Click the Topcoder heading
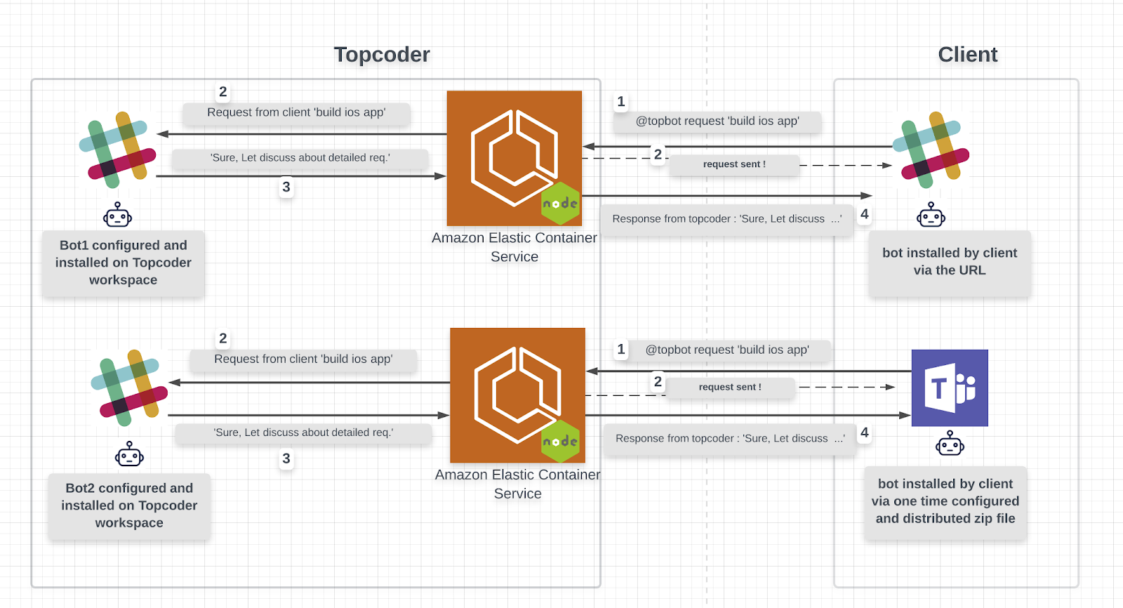click(382, 54)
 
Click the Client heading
click(968, 54)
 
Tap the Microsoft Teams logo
click(950, 388)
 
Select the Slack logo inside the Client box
click(931, 150)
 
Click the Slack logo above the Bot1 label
click(117, 150)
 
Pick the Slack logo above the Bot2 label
click(129, 388)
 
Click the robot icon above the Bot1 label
click(117, 215)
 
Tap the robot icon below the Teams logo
click(950, 443)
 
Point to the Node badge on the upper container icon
click(561, 203)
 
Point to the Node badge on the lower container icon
click(561, 441)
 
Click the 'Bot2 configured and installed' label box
click(129, 505)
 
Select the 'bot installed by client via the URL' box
click(950, 262)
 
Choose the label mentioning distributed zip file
click(945, 502)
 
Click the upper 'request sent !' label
click(734, 164)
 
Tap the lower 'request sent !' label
click(730, 388)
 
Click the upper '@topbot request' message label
click(717, 121)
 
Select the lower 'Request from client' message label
click(303, 359)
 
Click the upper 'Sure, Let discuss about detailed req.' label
click(300, 158)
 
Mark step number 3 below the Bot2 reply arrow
click(286, 458)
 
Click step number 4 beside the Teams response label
click(864, 432)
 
